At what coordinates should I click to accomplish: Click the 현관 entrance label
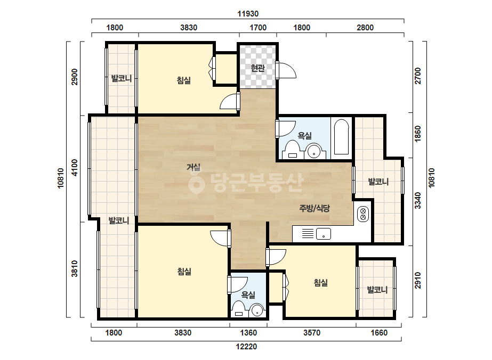point(257,68)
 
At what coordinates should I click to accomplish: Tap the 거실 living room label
point(193,167)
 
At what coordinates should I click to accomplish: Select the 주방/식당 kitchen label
point(314,208)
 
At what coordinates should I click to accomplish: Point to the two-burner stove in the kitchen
point(363,214)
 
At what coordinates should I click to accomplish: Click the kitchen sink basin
point(324,234)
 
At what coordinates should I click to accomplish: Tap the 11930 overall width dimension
point(248,14)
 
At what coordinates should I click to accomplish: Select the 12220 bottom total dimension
point(247,347)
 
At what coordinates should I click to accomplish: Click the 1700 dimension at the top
point(258,28)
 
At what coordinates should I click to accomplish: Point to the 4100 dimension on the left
point(75,168)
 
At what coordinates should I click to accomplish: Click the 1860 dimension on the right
point(418,134)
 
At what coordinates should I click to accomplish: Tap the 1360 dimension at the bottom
point(248,333)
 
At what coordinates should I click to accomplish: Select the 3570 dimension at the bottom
point(312,333)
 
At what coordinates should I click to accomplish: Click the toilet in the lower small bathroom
point(239,309)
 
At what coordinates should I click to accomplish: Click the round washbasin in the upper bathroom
point(314,151)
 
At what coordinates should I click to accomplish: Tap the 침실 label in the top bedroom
point(183,80)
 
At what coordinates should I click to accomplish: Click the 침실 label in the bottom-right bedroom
point(321,283)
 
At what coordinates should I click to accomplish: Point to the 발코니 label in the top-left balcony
point(121,78)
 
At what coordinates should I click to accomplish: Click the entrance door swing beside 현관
point(286,70)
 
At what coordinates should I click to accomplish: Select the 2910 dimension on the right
point(418,280)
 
